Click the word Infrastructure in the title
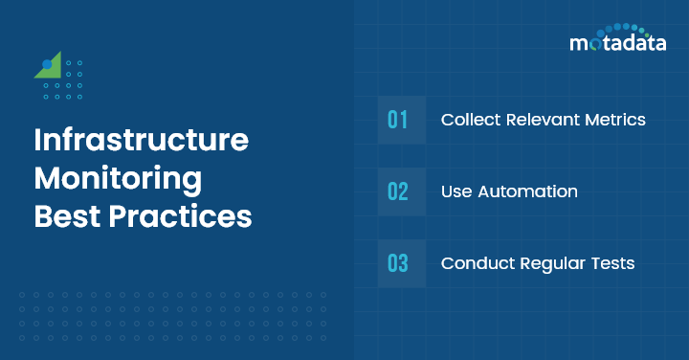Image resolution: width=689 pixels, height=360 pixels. [142, 141]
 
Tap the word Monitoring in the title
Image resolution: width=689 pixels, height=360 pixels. [118, 178]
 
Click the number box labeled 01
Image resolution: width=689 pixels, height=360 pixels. [398, 120]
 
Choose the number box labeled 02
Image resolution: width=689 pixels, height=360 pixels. [398, 191]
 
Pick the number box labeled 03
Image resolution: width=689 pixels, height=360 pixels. [398, 263]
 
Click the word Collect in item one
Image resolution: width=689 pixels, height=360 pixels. [470, 120]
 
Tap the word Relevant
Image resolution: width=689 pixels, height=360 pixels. [543, 120]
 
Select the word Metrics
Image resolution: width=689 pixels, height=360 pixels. [617, 120]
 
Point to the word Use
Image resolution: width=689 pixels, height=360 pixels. [456, 191]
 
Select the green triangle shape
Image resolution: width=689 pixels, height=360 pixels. [53, 66]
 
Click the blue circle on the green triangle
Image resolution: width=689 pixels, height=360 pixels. [46, 64]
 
